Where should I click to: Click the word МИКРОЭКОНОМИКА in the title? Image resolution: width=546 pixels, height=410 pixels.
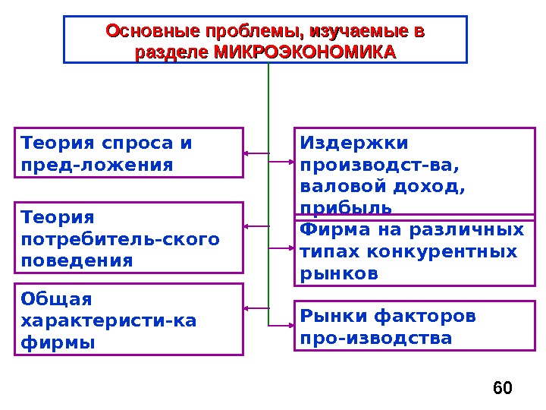tap(306, 52)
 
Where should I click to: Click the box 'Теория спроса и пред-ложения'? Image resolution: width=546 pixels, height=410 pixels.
tap(129, 153)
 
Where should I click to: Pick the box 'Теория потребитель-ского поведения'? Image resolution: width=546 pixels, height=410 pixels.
tap(129, 238)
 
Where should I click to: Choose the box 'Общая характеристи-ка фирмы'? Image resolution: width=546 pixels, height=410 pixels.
tap(129, 320)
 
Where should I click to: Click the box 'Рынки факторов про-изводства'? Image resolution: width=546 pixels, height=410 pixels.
tap(409, 326)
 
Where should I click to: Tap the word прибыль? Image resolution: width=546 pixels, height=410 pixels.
tap(346, 207)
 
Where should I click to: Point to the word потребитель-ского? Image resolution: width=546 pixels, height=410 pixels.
tap(121, 239)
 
